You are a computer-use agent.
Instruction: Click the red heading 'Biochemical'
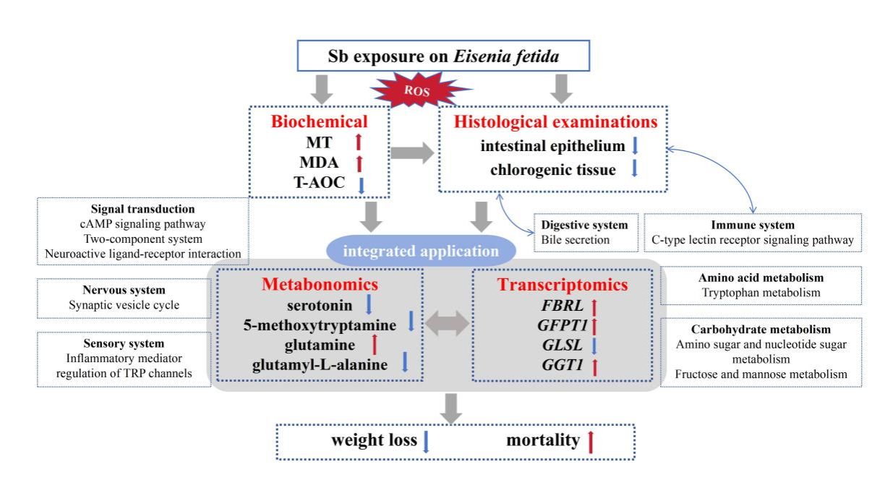point(320,121)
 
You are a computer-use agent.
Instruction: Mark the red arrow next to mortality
point(590,440)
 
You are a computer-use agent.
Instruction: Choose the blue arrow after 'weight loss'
point(426,440)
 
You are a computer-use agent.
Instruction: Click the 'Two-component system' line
point(142,239)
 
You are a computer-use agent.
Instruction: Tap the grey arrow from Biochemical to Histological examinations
point(411,152)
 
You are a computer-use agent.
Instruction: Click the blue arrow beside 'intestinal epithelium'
point(634,146)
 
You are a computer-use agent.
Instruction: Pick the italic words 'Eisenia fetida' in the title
point(506,56)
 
